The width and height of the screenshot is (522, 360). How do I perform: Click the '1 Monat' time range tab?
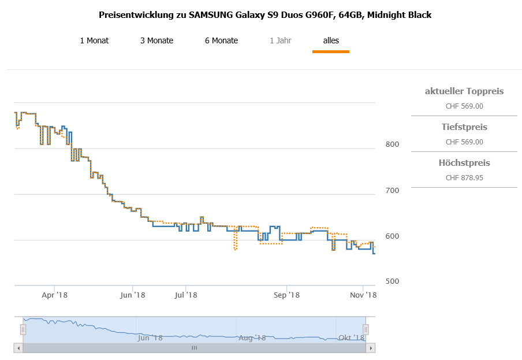pyautogui.click(x=94, y=40)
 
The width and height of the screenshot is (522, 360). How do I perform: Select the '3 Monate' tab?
pyautogui.click(x=156, y=40)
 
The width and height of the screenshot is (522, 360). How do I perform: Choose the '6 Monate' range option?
pyautogui.click(x=221, y=40)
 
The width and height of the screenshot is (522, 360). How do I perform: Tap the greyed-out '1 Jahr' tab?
pyautogui.click(x=280, y=40)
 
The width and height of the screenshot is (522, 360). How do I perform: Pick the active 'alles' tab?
pyautogui.click(x=331, y=40)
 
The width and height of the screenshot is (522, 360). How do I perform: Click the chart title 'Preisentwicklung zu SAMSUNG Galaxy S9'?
pyautogui.click(x=265, y=15)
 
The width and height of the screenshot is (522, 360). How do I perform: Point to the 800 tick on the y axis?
pyautogui.click(x=393, y=144)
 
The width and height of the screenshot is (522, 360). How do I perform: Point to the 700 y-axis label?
pyautogui.click(x=393, y=190)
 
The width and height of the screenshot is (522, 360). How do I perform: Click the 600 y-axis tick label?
pyautogui.click(x=393, y=236)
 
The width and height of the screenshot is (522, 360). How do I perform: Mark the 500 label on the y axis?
pyautogui.click(x=393, y=281)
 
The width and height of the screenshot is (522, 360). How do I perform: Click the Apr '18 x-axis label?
pyautogui.click(x=55, y=295)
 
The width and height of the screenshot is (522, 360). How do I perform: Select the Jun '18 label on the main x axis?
pyautogui.click(x=132, y=295)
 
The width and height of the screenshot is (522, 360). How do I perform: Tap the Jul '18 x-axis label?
pyautogui.click(x=185, y=295)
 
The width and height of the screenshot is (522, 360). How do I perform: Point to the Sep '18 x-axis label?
pyautogui.click(x=287, y=295)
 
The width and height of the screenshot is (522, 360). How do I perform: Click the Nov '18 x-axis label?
pyautogui.click(x=363, y=295)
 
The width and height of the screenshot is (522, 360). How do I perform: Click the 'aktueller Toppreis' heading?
pyautogui.click(x=464, y=91)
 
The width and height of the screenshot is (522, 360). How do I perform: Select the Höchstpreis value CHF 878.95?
pyautogui.click(x=464, y=178)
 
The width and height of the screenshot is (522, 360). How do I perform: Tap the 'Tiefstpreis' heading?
pyautogui.click(x=464, y=127)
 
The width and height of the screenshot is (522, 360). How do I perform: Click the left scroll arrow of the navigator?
pyautogui.click(x=18, y=348)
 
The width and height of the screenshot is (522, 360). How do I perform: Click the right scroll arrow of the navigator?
pyautogui.click(x=371, y=348)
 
